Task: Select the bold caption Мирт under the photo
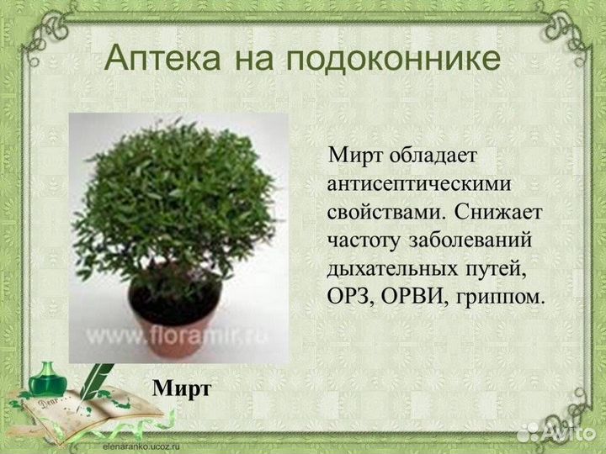point(181,388)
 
